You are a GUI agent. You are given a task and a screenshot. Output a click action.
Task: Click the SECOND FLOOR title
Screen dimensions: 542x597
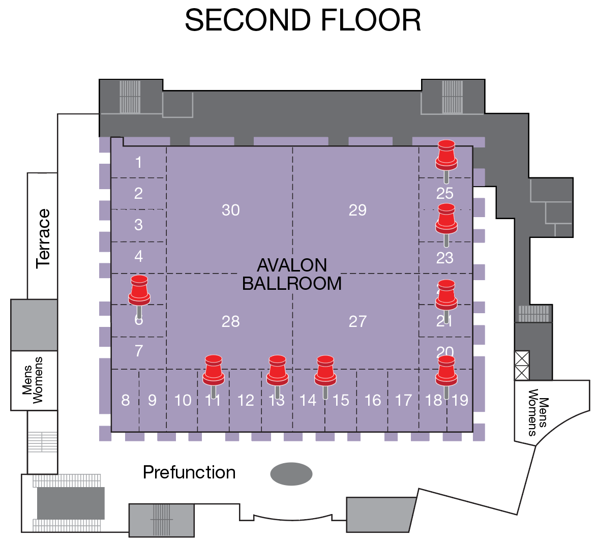coord(303,20)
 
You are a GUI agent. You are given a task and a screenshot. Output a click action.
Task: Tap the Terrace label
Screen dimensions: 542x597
coord(43,238)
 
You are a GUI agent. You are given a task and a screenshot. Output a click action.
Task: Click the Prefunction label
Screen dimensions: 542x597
coord(189,472)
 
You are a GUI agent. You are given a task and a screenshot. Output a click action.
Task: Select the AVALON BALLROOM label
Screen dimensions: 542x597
coord(292,274)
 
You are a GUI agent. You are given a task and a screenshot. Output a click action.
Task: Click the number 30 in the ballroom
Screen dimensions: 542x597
coord(230,210)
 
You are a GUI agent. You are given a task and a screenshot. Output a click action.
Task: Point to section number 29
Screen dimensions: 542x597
coord(357,210)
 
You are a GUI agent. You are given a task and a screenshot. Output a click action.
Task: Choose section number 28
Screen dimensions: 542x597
coord(230,321)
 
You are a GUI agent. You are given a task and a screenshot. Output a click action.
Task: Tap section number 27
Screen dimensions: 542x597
coord(357,321)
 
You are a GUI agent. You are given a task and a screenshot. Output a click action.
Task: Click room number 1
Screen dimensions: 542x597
coord(138,163)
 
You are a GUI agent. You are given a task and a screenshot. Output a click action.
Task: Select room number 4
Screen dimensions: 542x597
coord(138,256)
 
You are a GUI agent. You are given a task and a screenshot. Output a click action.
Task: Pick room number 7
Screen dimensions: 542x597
coord(139,351)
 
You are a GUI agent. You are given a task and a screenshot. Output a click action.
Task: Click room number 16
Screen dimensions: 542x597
coord(373,401)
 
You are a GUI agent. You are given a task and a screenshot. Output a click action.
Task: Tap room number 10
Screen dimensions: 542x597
coord(183,401)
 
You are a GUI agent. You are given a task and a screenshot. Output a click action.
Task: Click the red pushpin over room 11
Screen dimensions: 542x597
coord(214,370)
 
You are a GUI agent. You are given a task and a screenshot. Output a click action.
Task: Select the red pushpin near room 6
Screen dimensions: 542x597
coord(139,290)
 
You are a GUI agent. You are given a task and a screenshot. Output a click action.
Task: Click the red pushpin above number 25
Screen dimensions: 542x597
coord(446,155)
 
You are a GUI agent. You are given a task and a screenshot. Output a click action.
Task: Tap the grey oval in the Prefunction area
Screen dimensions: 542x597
coord(291,474)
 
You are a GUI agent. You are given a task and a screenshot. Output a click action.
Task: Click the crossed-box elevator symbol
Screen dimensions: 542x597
coord(522,366)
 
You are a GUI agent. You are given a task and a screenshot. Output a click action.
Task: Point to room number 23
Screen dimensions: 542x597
coord(445,258)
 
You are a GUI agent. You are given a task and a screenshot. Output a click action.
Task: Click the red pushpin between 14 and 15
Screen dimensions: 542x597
coord(325,370)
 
